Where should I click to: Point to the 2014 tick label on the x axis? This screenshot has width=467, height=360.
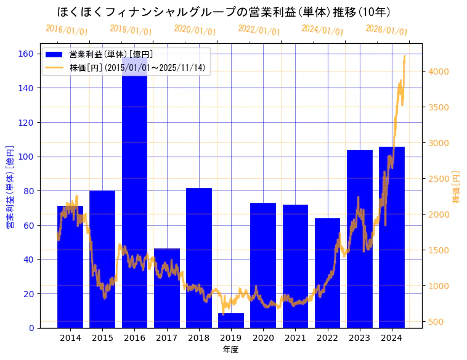click(x=70, y=338)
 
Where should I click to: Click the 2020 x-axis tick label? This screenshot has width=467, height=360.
click(x=263, y=338)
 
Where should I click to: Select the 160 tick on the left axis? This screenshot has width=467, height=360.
click(x=26, y=54)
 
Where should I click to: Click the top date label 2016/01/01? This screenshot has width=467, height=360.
click(x=67, y=30)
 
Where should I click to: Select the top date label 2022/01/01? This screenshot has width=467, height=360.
click(x=259, y=30)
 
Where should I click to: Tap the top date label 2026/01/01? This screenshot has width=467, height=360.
click(x=386, y=30)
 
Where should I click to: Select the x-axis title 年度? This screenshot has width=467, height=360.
click(x=230, y=350)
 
